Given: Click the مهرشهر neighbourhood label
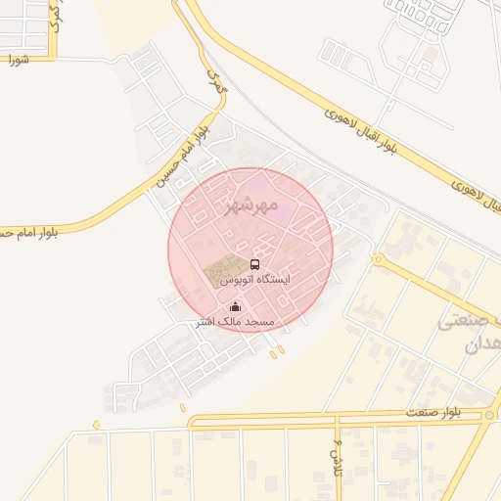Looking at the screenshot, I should (x=251, y=205).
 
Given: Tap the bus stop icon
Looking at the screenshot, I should (x=255, y=264).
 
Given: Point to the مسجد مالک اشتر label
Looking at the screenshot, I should (x=235, y=322).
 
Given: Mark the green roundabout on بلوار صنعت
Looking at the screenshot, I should (x=488, y=416).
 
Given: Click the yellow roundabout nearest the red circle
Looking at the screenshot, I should (x=377, y=258).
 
